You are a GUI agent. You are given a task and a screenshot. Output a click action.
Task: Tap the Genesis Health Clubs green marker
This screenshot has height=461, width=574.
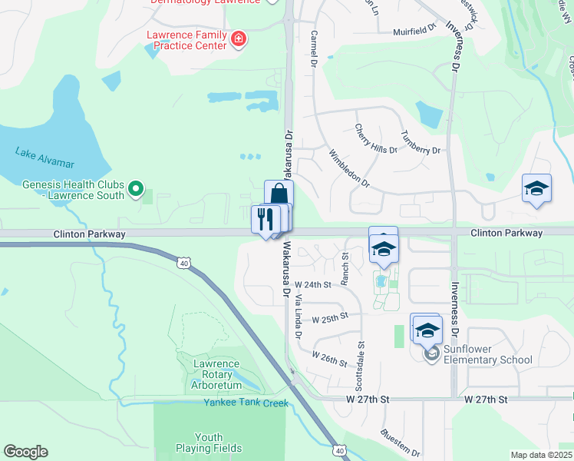(136, 187)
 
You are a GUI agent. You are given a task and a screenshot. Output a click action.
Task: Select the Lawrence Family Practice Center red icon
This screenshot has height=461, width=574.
(239, 38)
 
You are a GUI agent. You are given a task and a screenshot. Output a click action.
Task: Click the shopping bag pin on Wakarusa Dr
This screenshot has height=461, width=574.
(279, 194)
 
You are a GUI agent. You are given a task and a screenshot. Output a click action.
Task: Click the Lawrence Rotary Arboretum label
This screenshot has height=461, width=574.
(216, 374)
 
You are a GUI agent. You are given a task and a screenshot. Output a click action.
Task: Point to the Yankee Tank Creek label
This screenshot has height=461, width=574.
(246, 403)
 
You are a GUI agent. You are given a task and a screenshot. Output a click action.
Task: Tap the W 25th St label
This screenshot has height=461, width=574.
(330, 316)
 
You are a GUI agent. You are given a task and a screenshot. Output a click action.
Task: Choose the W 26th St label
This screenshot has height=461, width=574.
(330, 357)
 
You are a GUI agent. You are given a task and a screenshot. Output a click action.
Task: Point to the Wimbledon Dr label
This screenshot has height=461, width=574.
(350, 169)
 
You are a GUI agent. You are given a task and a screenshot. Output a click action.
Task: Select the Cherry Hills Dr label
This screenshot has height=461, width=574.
(375, 138)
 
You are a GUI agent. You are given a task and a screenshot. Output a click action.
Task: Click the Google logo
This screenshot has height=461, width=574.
(25, 452)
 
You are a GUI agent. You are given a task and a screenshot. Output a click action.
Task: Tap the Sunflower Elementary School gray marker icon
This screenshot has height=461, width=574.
(430, 353)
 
